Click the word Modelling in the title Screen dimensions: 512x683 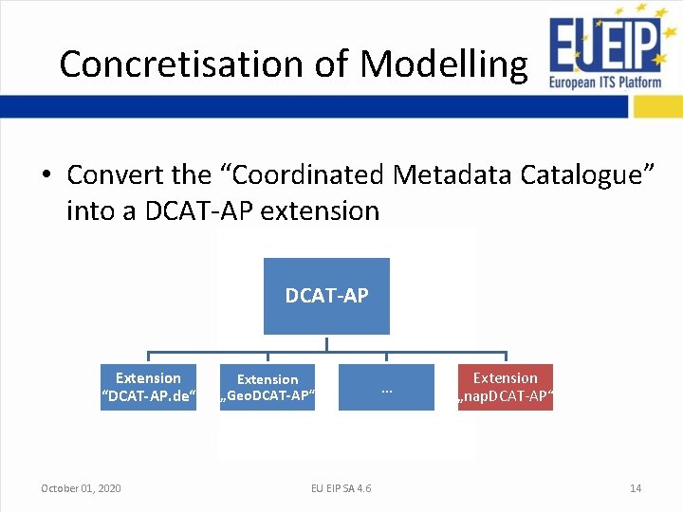(x=443, y=64)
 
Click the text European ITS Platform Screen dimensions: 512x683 (x=604, y=82)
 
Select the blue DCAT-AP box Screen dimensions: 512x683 (x=326, y=296)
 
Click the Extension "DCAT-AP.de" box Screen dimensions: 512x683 (x=148, y=387)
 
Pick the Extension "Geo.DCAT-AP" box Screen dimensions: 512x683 (x=267, y=387)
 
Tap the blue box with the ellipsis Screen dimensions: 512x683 (x=386, y=387)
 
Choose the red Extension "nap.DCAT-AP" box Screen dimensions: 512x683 (x=505, y=387)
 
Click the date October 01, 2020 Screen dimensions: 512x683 (x=81, y=488)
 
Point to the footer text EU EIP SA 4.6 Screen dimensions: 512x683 (x=341, y=488)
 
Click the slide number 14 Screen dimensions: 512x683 (x=636, y=488)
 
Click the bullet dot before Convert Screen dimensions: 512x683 (x=46, y=176)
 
